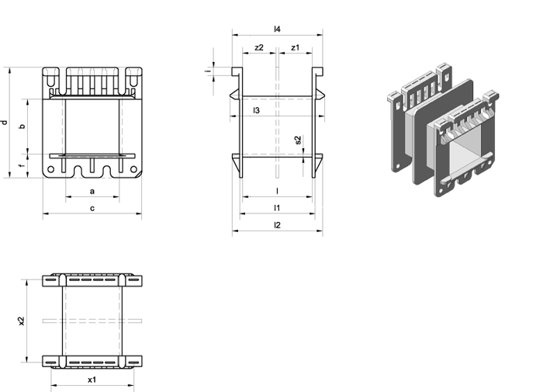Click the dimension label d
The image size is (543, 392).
(x=5, y=123)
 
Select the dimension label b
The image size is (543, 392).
(x=22, y=126)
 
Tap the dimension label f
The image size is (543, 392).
(x=22, y=165)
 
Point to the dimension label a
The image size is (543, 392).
(x=92, y=191)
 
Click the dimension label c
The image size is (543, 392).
(x=92, y=208)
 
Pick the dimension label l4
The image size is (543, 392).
(x=277, y=29)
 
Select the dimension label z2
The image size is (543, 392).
(x=259, y=47)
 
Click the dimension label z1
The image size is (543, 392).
(x=295, y=47)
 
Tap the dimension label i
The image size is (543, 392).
(x=208, y=71)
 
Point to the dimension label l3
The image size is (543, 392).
(x=256, y=110)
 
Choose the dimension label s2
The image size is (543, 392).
(x=298, y=140)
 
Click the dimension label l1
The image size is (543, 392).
(x=277, y=207)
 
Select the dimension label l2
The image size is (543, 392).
(x=277, y=225)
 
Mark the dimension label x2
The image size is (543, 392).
(x=22, y=321)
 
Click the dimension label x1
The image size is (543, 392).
(x=92, y=380)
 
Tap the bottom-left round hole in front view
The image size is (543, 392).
(x=50, y=169)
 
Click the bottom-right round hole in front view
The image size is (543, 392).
(x=133, y=169)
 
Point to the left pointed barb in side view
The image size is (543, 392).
(x=234, y=94)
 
